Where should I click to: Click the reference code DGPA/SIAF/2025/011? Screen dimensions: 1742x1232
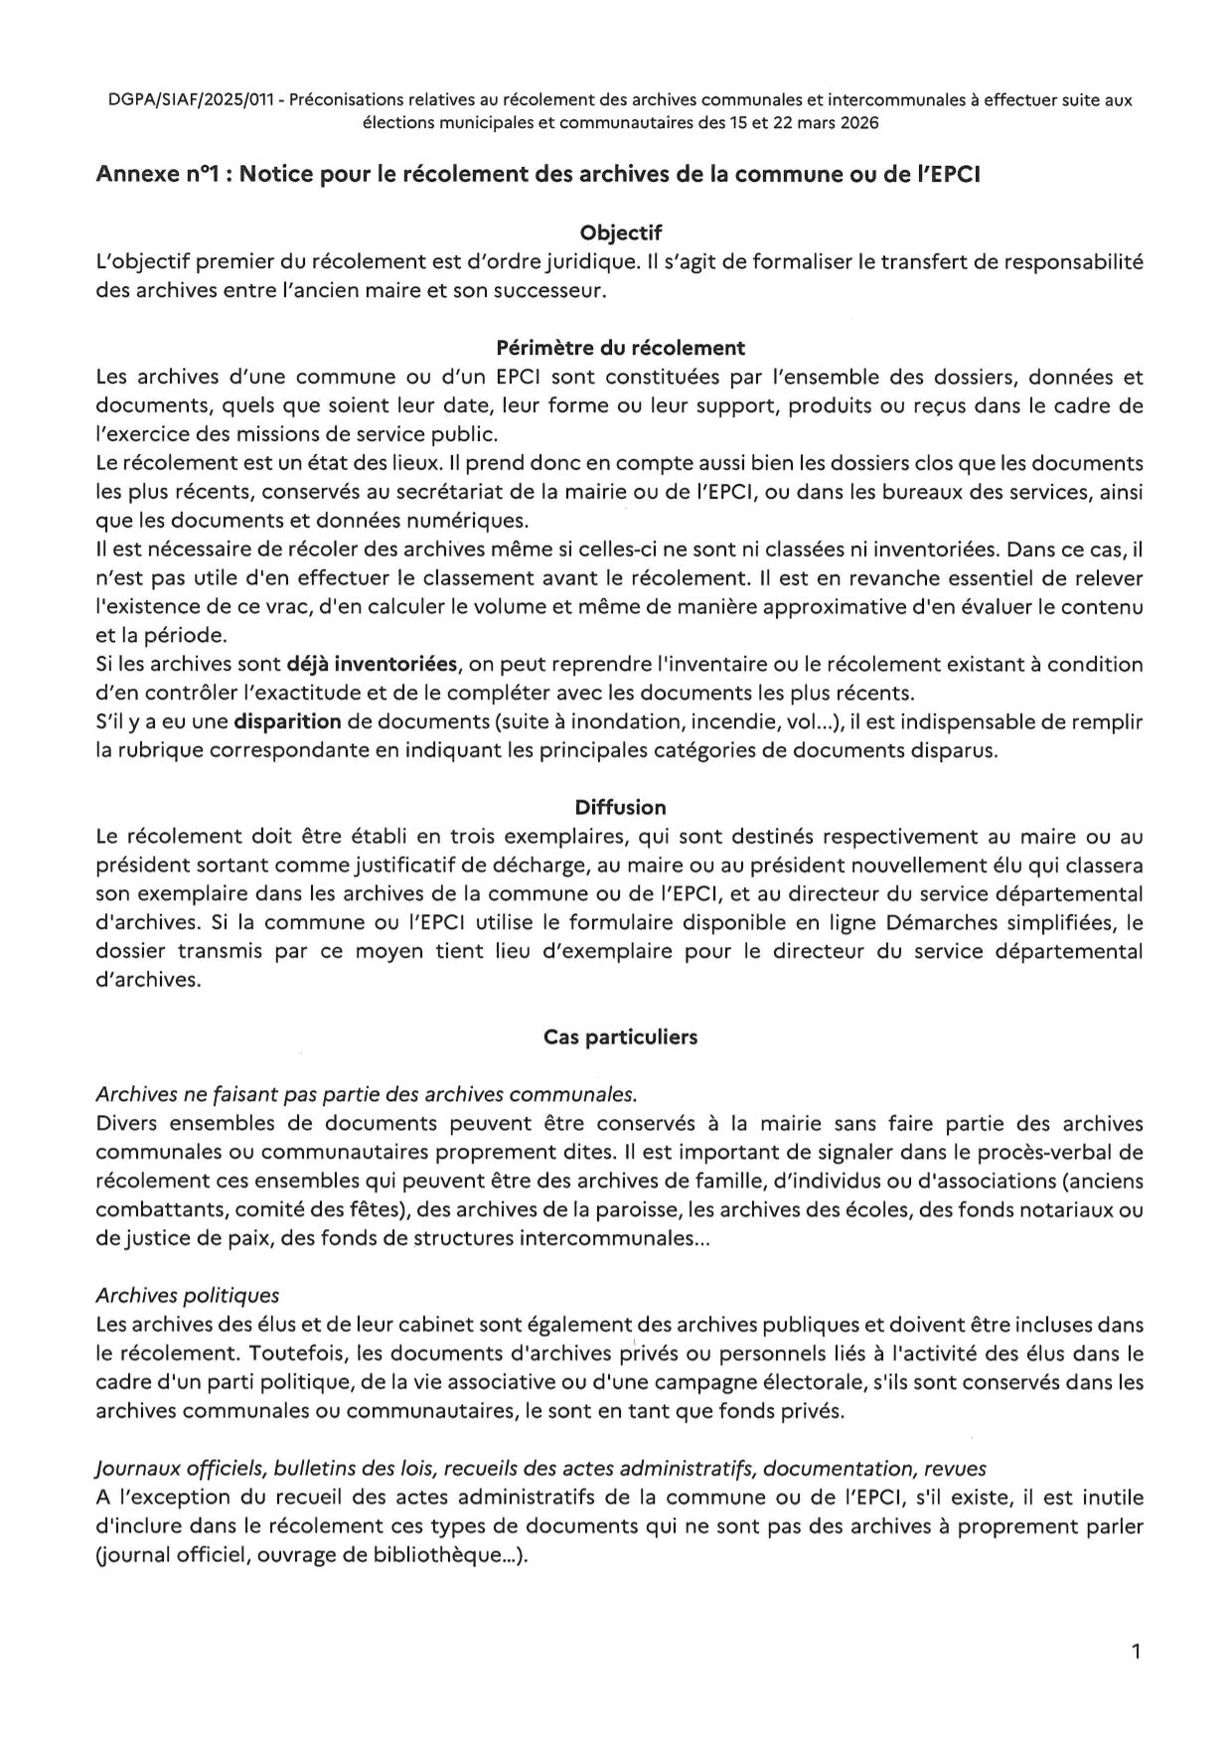192,100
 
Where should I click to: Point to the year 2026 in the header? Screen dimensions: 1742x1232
857,123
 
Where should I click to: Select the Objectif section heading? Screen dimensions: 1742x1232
620,234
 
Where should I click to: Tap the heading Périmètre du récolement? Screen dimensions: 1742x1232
620,348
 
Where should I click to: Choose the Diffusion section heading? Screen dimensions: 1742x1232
620,807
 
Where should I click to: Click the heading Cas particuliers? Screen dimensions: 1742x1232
620,1036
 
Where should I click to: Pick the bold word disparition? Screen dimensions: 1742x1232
288,721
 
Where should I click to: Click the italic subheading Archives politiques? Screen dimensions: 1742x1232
188,1296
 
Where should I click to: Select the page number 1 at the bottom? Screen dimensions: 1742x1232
1136,1652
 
